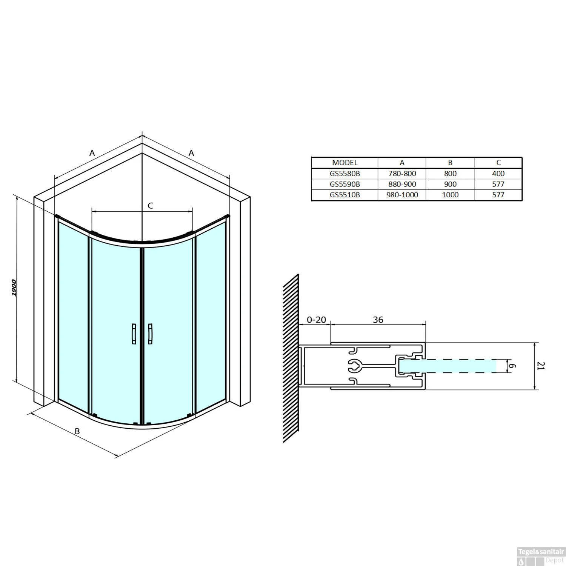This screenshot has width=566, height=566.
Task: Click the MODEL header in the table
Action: click(345, 163)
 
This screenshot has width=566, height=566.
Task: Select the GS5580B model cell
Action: click(345, 174)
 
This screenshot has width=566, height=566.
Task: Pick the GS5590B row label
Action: click(345, 184)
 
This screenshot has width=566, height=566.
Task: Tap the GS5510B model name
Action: click(345, 195)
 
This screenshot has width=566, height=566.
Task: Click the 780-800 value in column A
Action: click(402, 174)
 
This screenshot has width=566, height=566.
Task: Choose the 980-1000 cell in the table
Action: click(402, 195)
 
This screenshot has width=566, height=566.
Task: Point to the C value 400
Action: click(498, 174)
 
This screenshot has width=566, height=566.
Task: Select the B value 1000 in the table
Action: click(450, 195)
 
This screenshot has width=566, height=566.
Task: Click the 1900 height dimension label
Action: click(14, 288)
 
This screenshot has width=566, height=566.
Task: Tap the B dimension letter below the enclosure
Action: click(77, 431)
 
